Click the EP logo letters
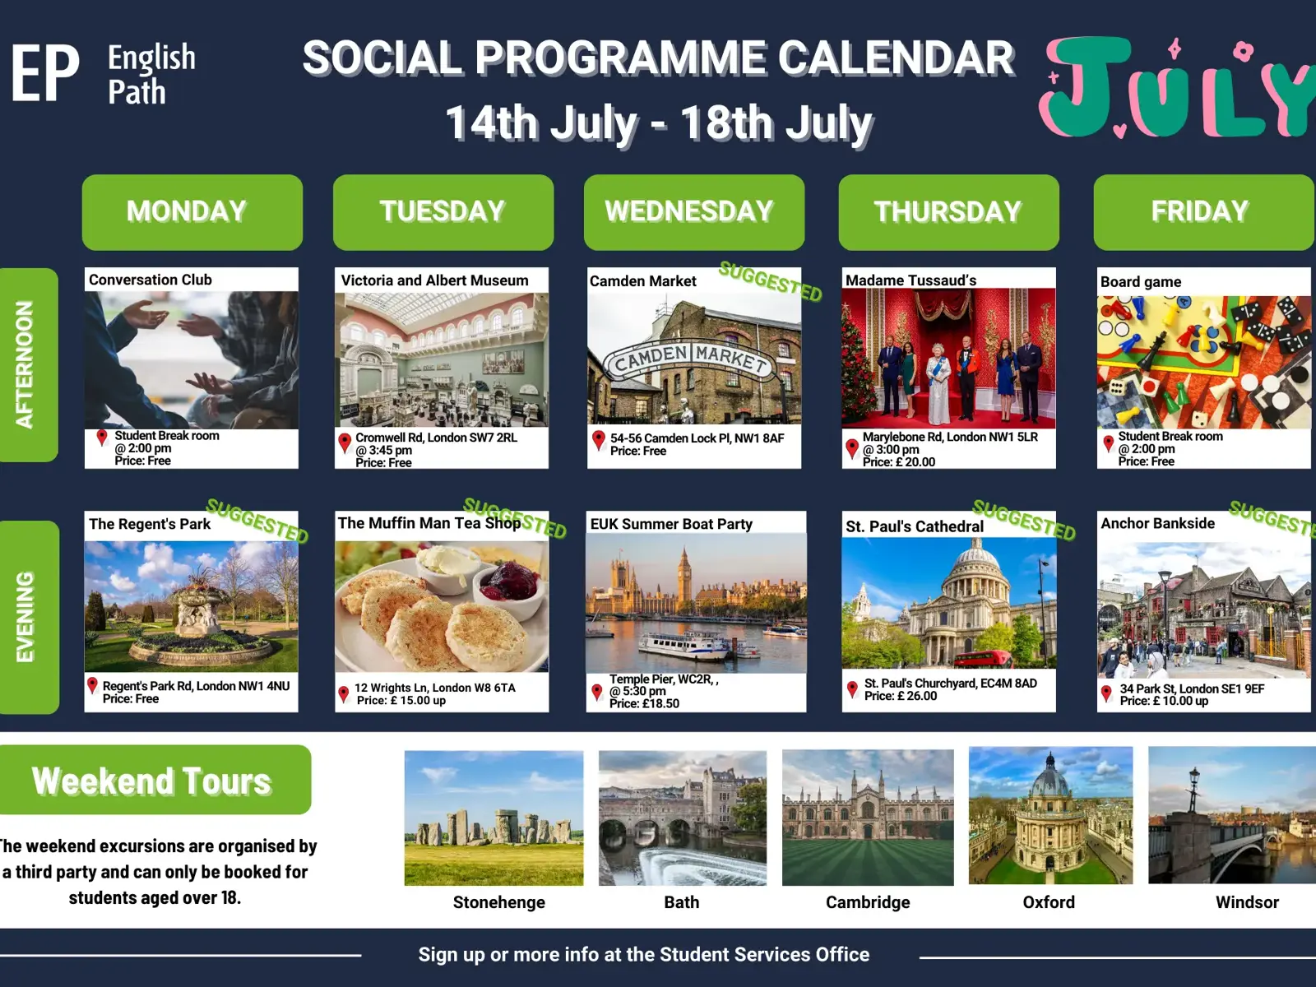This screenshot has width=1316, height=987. (x=45, y=73)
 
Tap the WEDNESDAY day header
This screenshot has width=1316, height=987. (x=694, y=212)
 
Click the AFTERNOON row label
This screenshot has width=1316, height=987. (x=28, y=364)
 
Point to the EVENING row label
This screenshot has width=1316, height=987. (x=29, y=617)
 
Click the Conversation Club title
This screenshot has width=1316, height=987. (x=151, y=280)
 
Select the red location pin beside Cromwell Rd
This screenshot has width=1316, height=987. (x=345, y=443)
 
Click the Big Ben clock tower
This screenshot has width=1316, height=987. (x=683, y=575)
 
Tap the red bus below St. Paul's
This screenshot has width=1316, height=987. (x=982, y=659)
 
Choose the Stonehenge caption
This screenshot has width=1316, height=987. (x=498, y=902)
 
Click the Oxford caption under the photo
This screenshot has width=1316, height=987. (x=1049, y=902)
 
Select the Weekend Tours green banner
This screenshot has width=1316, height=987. (x=155, y=780)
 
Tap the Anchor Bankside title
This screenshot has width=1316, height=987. (x=1158, y=523)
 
